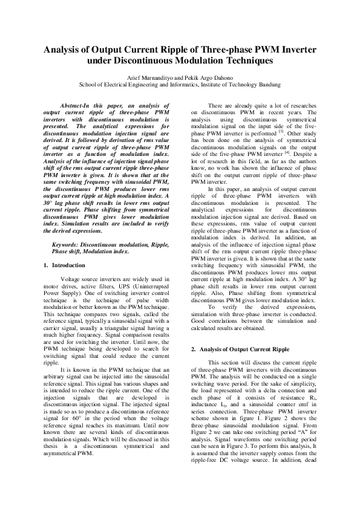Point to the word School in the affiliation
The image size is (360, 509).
tap(90, 85)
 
